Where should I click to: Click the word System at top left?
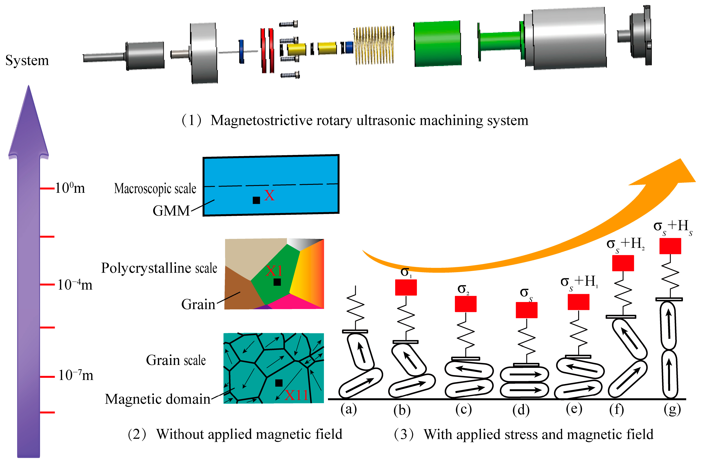point(27,61)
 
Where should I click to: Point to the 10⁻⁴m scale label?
point(75,284)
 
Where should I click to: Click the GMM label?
point(171,211)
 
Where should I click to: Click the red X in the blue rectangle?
point(269,195)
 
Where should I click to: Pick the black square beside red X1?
point(277,282)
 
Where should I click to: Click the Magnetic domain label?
point(158,399)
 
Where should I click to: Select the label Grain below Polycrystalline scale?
point(198,304)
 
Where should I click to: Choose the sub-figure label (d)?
point(521,410)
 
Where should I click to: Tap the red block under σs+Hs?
point(670,246)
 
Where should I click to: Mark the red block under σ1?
point(406,287)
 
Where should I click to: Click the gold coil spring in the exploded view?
point(374,45)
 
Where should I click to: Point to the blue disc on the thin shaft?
point(241,51)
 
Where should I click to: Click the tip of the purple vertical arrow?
point(29,86)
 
